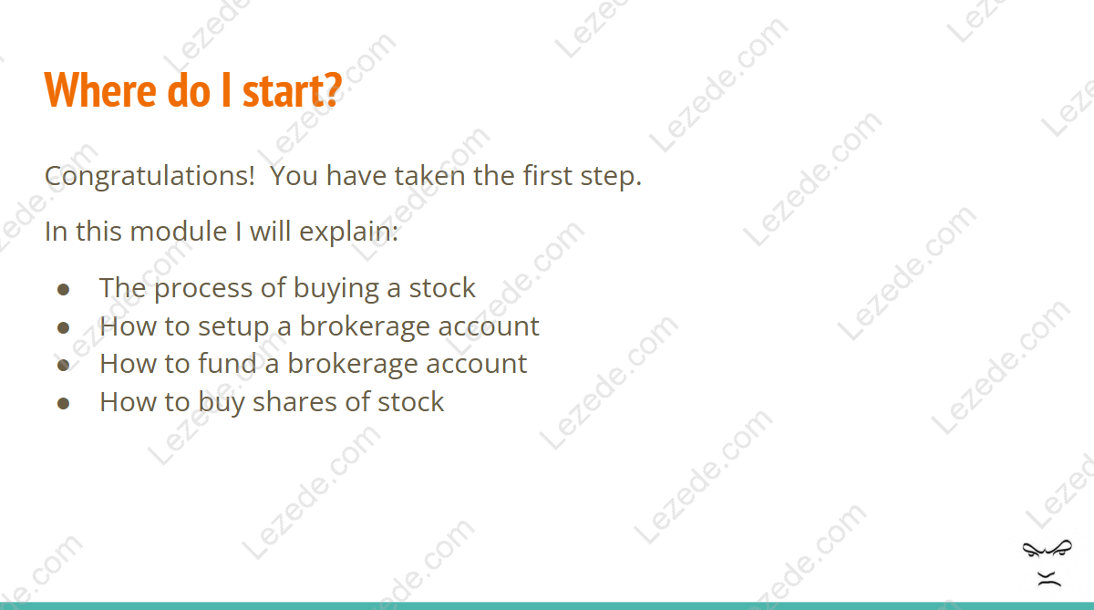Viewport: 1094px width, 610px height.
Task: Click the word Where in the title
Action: click(100, 89)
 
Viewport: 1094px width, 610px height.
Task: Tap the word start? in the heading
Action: click(292, 89)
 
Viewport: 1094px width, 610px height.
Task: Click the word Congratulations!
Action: click(150, 176)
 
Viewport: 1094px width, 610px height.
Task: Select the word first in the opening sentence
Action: click(548, 175)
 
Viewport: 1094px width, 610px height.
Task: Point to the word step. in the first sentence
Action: click(611, 177)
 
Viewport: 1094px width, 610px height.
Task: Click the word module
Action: click(186, 231)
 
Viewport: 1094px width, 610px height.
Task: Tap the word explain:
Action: click(348, 232)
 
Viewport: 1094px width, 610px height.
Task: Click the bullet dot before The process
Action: click(63, 290)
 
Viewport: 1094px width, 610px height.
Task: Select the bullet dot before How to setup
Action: click(63, 327)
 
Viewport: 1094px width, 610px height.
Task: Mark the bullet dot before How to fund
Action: click(63, 366)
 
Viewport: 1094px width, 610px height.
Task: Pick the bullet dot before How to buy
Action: click(63, 403)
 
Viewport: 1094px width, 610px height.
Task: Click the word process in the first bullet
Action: click(203, 289)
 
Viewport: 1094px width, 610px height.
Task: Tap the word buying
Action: click(336, 288)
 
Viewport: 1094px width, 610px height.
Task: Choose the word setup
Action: click(233, 327)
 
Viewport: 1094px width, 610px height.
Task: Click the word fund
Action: click(227, 364)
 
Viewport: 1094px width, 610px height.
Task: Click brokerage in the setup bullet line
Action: click(365, 327)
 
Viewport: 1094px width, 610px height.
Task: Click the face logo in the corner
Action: click(1048, 563)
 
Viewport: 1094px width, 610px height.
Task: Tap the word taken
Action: click(429, 175)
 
